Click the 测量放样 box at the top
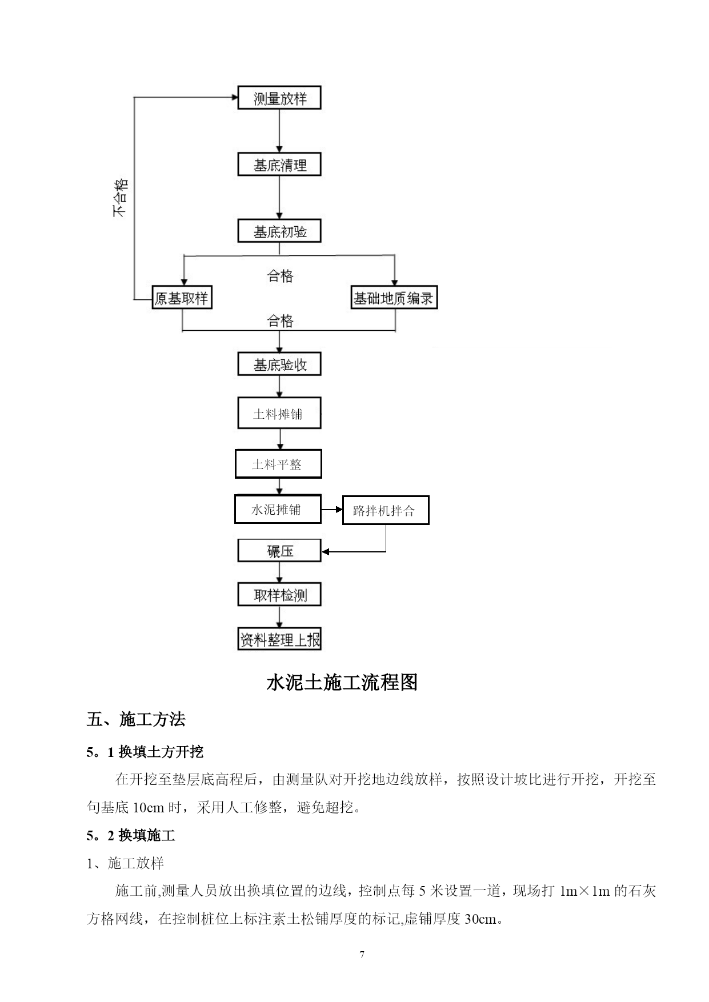(279, 98)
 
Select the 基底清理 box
(279, 165)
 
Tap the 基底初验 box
(279, 231)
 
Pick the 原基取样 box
(182, 298)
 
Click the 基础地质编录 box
(394, 298)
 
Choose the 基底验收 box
(279, 364)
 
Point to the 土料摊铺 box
(279, 413)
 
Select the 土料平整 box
(278, 464)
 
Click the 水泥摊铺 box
(278, 509)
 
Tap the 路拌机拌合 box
(386, 510)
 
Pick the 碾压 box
(279, 551)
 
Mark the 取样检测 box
(279, 595)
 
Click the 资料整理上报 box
(279, 639)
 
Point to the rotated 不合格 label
(120, 198)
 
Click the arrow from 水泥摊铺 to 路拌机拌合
(332, 509)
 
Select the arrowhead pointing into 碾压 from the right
(325, 551)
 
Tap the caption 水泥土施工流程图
(342, 682)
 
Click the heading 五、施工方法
(136, 719)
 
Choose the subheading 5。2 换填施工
(131, 836)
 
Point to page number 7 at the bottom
(362, 955)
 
